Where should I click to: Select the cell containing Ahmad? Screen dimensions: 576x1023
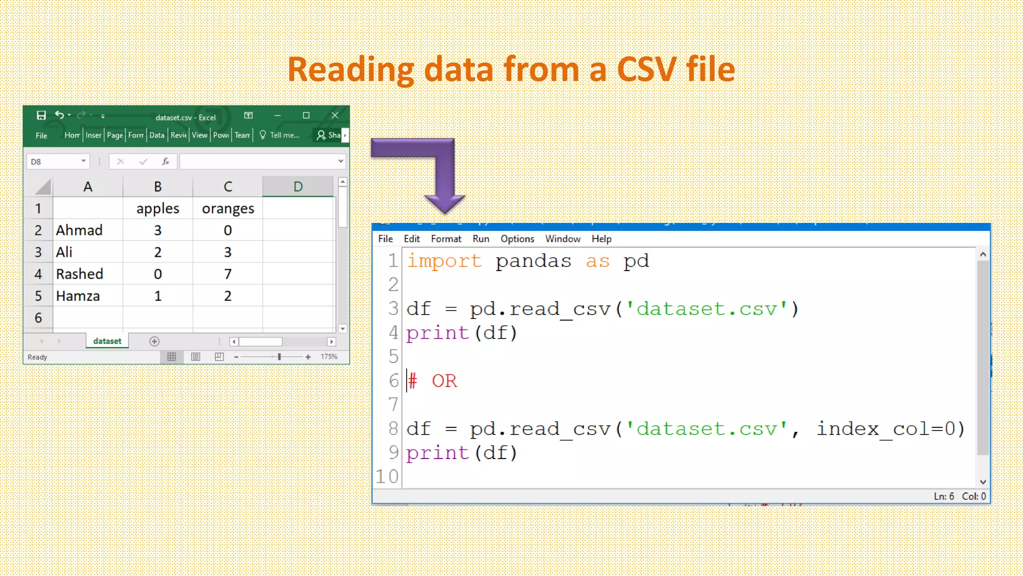(x=79, y=230)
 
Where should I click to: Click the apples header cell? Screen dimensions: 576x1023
(x=158, y=208)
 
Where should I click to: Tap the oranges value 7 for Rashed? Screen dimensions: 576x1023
(x=228, y=274)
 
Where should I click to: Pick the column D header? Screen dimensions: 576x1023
(x=298, y=186)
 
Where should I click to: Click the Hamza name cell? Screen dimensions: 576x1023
(x=78, y=296)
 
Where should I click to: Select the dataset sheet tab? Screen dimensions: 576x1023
(x=107, y=341)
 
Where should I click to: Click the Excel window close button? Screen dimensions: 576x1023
(x=335, y=115)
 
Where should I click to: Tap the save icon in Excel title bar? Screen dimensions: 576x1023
(x=41, y=115)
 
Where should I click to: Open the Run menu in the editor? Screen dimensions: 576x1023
(x=481, y=239)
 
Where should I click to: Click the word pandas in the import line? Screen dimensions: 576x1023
(x=533, y=261)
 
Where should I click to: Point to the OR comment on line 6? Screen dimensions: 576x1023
(x=444, y=381)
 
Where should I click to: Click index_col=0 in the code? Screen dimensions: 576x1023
(x=890, y=429)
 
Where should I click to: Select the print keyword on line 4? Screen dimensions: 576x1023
(x=437, y=333)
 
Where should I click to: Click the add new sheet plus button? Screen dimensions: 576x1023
(x=154, y=341)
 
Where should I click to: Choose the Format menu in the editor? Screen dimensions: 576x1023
(x=446, y=239)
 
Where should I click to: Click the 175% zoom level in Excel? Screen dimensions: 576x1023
(x=329, y=356)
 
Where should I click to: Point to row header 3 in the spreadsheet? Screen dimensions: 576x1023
(x=38, y=252)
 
